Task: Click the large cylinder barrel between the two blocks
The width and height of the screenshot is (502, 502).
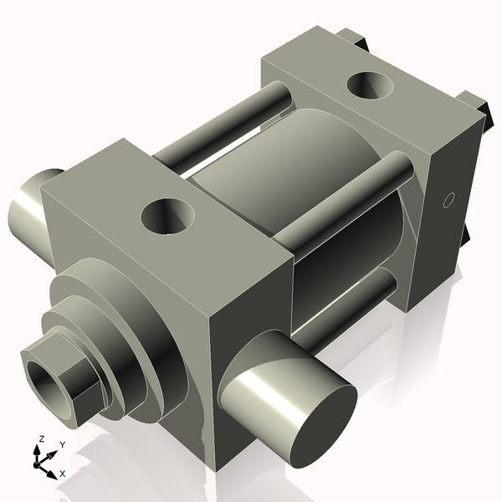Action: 276,167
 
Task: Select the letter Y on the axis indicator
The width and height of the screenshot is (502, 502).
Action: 62,444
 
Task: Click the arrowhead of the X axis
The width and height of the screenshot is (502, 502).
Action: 51,471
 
